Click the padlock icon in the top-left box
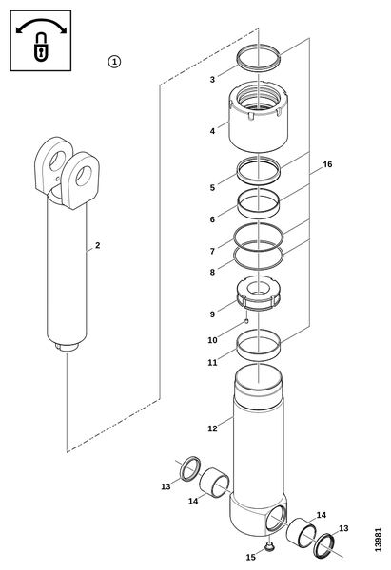[40, 47]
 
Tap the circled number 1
[114, 62]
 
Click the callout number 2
[97, 245]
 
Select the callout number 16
[327, 164]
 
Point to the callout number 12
[212, 428]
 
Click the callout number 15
[250, 557]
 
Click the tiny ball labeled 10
[246, 321]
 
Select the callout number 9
[212, 313]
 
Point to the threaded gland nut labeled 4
[259, 117]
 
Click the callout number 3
[212, 79]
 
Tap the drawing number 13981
[378, 539]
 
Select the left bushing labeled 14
[214, 483]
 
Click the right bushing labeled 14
[302, 531]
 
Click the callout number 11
[212, 363]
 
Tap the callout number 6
[212, 219]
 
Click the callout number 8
[212, 272]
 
